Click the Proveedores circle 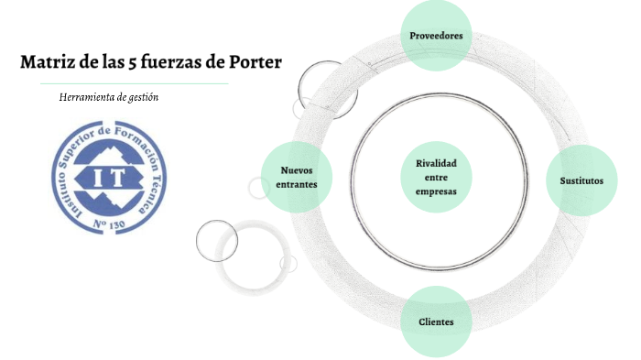click(x=437, y=36)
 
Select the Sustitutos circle click(x=582, y=180)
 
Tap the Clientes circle click(x=437, y=322)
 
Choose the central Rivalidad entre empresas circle click(x=436, y=177)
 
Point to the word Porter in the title click(x=257, y=62)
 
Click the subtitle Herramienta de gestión click(x=109, y=96)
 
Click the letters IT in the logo click(x=98, y=175)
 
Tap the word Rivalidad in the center click(x=436, y=163)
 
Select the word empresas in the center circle click(x=436, y=191)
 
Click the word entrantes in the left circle click(x=297, y=185)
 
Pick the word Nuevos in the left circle click(x=297, y=170)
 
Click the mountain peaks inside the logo click(x=98, y=152)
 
